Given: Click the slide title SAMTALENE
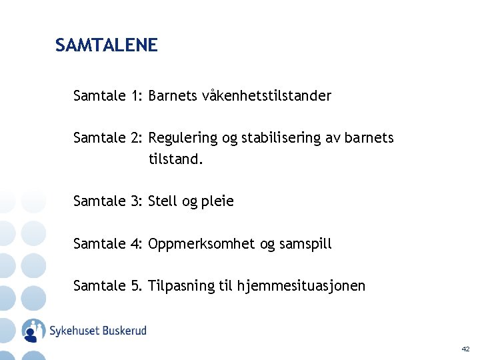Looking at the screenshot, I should click(x=107, y=45).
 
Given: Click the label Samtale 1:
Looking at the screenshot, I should click(x=108, y=96).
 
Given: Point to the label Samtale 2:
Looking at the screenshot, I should click(x=108, y=138).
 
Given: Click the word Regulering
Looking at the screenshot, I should click(x=183, y=138).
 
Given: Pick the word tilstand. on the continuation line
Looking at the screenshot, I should click(x=175, y=160).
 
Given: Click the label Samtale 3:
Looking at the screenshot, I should click(x=108, y=201).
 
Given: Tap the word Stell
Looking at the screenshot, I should click(x=163, y=201).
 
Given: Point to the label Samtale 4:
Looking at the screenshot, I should click(x=108, y=244).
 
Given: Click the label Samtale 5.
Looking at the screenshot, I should click(x=108, y=286).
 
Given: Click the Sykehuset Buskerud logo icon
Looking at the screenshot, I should click(x=33, y=330).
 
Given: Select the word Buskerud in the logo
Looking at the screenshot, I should click(x=123, y=330).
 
